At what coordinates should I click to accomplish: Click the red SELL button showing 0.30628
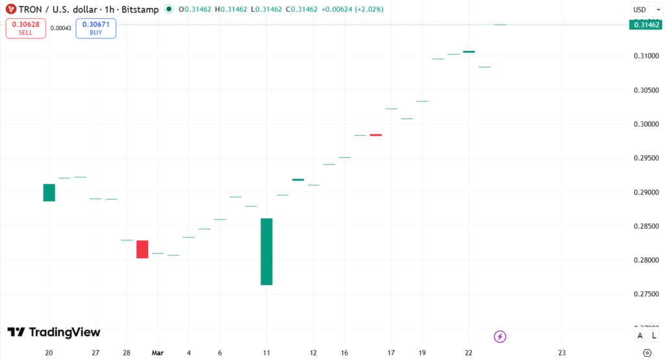26,28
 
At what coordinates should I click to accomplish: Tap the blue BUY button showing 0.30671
95,28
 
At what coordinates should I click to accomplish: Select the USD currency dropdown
644,10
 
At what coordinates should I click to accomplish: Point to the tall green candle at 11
266,251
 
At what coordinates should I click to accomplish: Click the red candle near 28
142,249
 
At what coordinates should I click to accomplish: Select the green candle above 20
49,192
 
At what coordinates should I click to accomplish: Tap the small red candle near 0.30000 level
375,135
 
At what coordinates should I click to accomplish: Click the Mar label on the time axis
158,353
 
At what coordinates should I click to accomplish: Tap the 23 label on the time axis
562,353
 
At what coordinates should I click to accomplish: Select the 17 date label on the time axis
392,353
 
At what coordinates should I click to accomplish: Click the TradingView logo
54,332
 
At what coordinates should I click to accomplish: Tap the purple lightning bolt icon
500,336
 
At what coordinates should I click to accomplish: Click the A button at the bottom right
640,335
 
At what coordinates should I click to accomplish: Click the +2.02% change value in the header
368,10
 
